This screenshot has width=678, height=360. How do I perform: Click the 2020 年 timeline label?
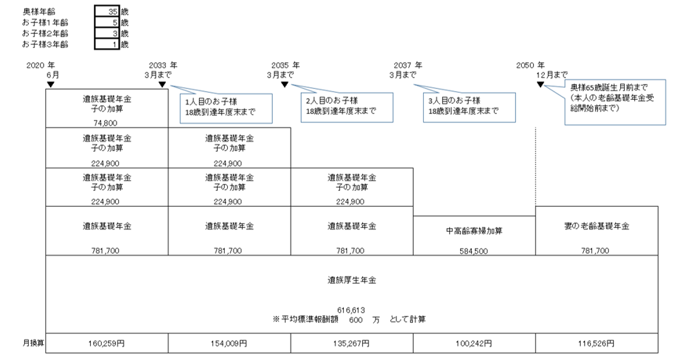[40, 66]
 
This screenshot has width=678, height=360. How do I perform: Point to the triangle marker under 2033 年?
[163, 84]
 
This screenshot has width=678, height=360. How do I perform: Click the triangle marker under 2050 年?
[540, 84]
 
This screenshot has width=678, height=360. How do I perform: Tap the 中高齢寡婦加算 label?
[474, 231]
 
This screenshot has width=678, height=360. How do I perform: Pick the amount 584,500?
[474, 251]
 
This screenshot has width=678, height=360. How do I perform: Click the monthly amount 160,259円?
[107, 343]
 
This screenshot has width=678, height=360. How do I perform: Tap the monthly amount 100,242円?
[474, 343]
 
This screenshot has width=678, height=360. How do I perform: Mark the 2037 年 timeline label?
[407, 66]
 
